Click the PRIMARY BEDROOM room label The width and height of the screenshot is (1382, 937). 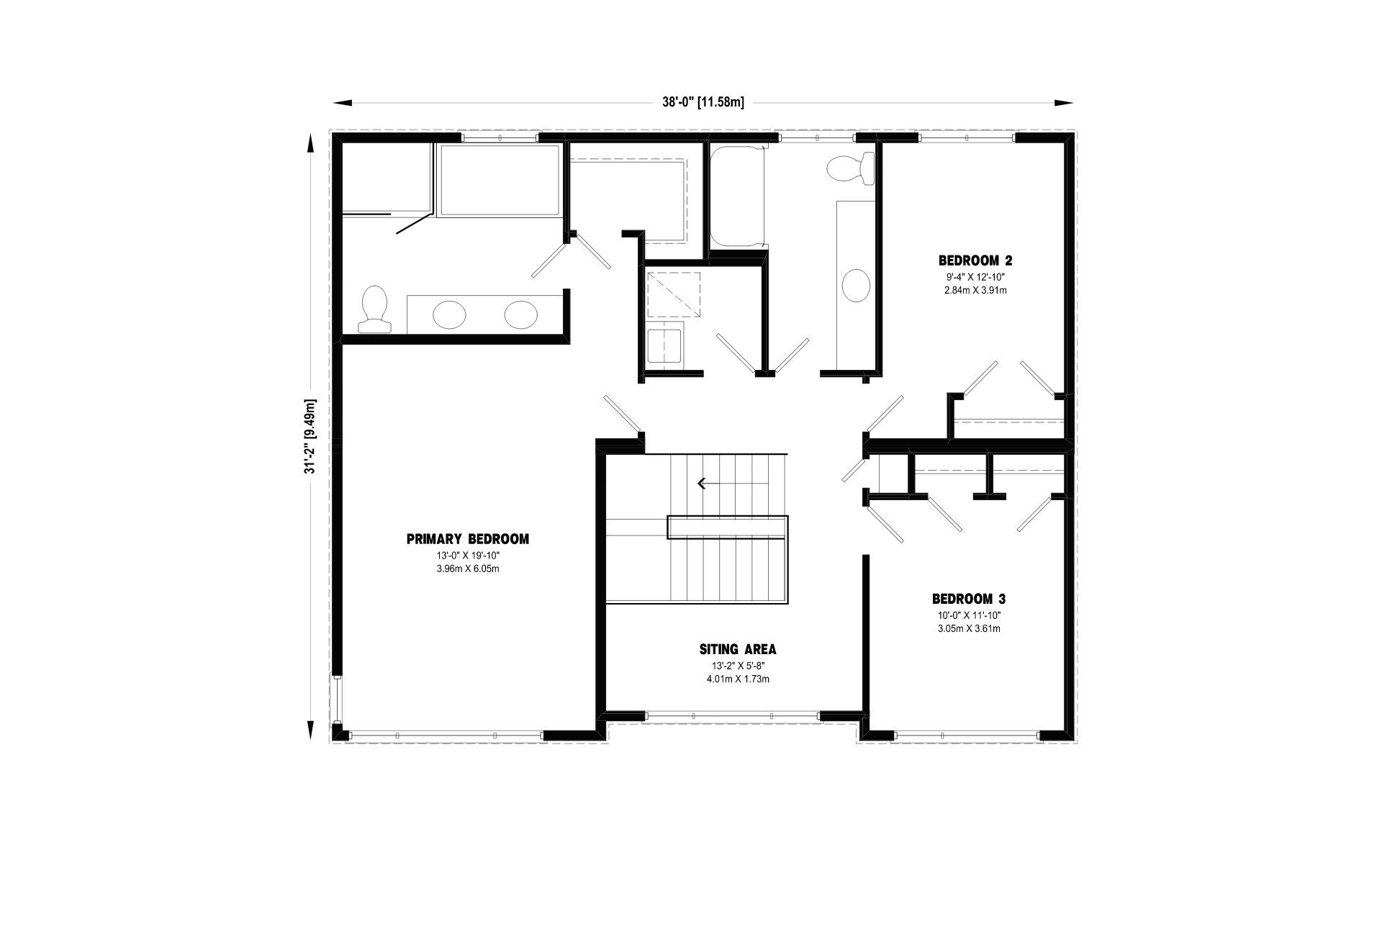coord(468,539)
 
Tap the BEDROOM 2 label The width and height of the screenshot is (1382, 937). coord(975,261)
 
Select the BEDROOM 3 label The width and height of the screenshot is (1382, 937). coord(969,599)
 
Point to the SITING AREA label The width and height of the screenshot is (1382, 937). coord(739,650)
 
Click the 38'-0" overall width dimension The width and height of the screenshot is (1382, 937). coord(703,102)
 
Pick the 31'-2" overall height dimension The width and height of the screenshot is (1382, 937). coord(311,437)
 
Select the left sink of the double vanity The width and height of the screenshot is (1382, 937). coord(449,314)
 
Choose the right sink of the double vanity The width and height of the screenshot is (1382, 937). coord(521,314)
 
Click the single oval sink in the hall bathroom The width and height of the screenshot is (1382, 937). coord(856,285)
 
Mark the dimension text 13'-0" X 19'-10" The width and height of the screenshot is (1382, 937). coord(468,556)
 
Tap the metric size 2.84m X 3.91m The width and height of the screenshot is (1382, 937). coord(975,291)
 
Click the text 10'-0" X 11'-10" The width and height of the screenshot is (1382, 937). coord(969,615)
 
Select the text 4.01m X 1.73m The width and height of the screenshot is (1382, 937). coord(739,679)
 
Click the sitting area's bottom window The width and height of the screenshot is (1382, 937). coord(733,716)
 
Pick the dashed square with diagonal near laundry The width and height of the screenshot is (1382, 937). coord(674,295)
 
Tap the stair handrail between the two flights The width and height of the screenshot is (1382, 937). coord(728,528)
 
